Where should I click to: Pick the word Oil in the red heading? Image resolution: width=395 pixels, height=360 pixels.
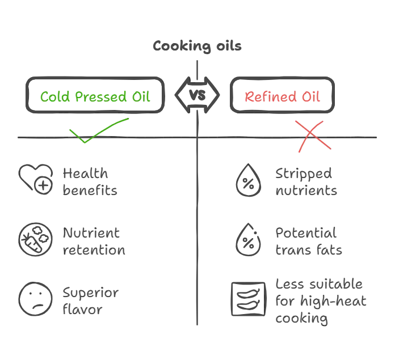click(x=309, y=97)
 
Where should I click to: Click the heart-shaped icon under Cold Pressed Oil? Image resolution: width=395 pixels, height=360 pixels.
click(x=36, y=180)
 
